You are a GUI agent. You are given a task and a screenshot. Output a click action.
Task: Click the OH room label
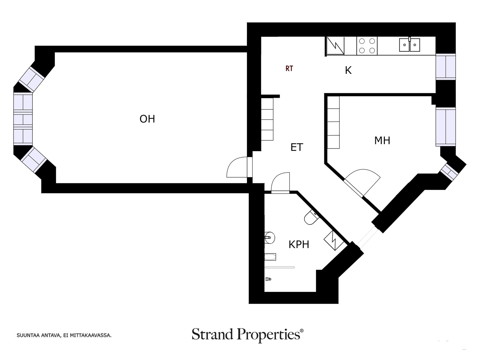[147, 119]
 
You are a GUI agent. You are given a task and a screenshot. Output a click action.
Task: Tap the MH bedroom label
[382, 140]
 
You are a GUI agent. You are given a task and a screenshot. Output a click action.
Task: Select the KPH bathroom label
[299, 244]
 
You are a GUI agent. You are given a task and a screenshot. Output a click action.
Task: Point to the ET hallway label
[297, 147]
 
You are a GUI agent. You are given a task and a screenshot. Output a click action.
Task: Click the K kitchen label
[348, 70]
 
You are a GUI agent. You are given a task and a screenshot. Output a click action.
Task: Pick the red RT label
[289, 69]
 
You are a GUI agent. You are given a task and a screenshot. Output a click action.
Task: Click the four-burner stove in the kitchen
[367, 46]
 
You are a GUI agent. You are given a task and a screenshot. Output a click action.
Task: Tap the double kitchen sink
[409, 45]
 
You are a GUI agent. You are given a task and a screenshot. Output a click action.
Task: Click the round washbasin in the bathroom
[270, 238]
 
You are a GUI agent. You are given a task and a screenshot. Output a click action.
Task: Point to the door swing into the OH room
[237, 167]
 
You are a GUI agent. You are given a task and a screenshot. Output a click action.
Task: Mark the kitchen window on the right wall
[446, 67]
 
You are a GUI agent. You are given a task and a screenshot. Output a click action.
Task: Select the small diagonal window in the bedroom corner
[449, 172]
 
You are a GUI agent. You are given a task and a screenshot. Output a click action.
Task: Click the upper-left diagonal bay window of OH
[32, 79]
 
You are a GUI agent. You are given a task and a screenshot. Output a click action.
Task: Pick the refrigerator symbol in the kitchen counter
[335, 46]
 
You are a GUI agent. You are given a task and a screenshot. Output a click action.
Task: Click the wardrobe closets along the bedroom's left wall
[333, 122]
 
